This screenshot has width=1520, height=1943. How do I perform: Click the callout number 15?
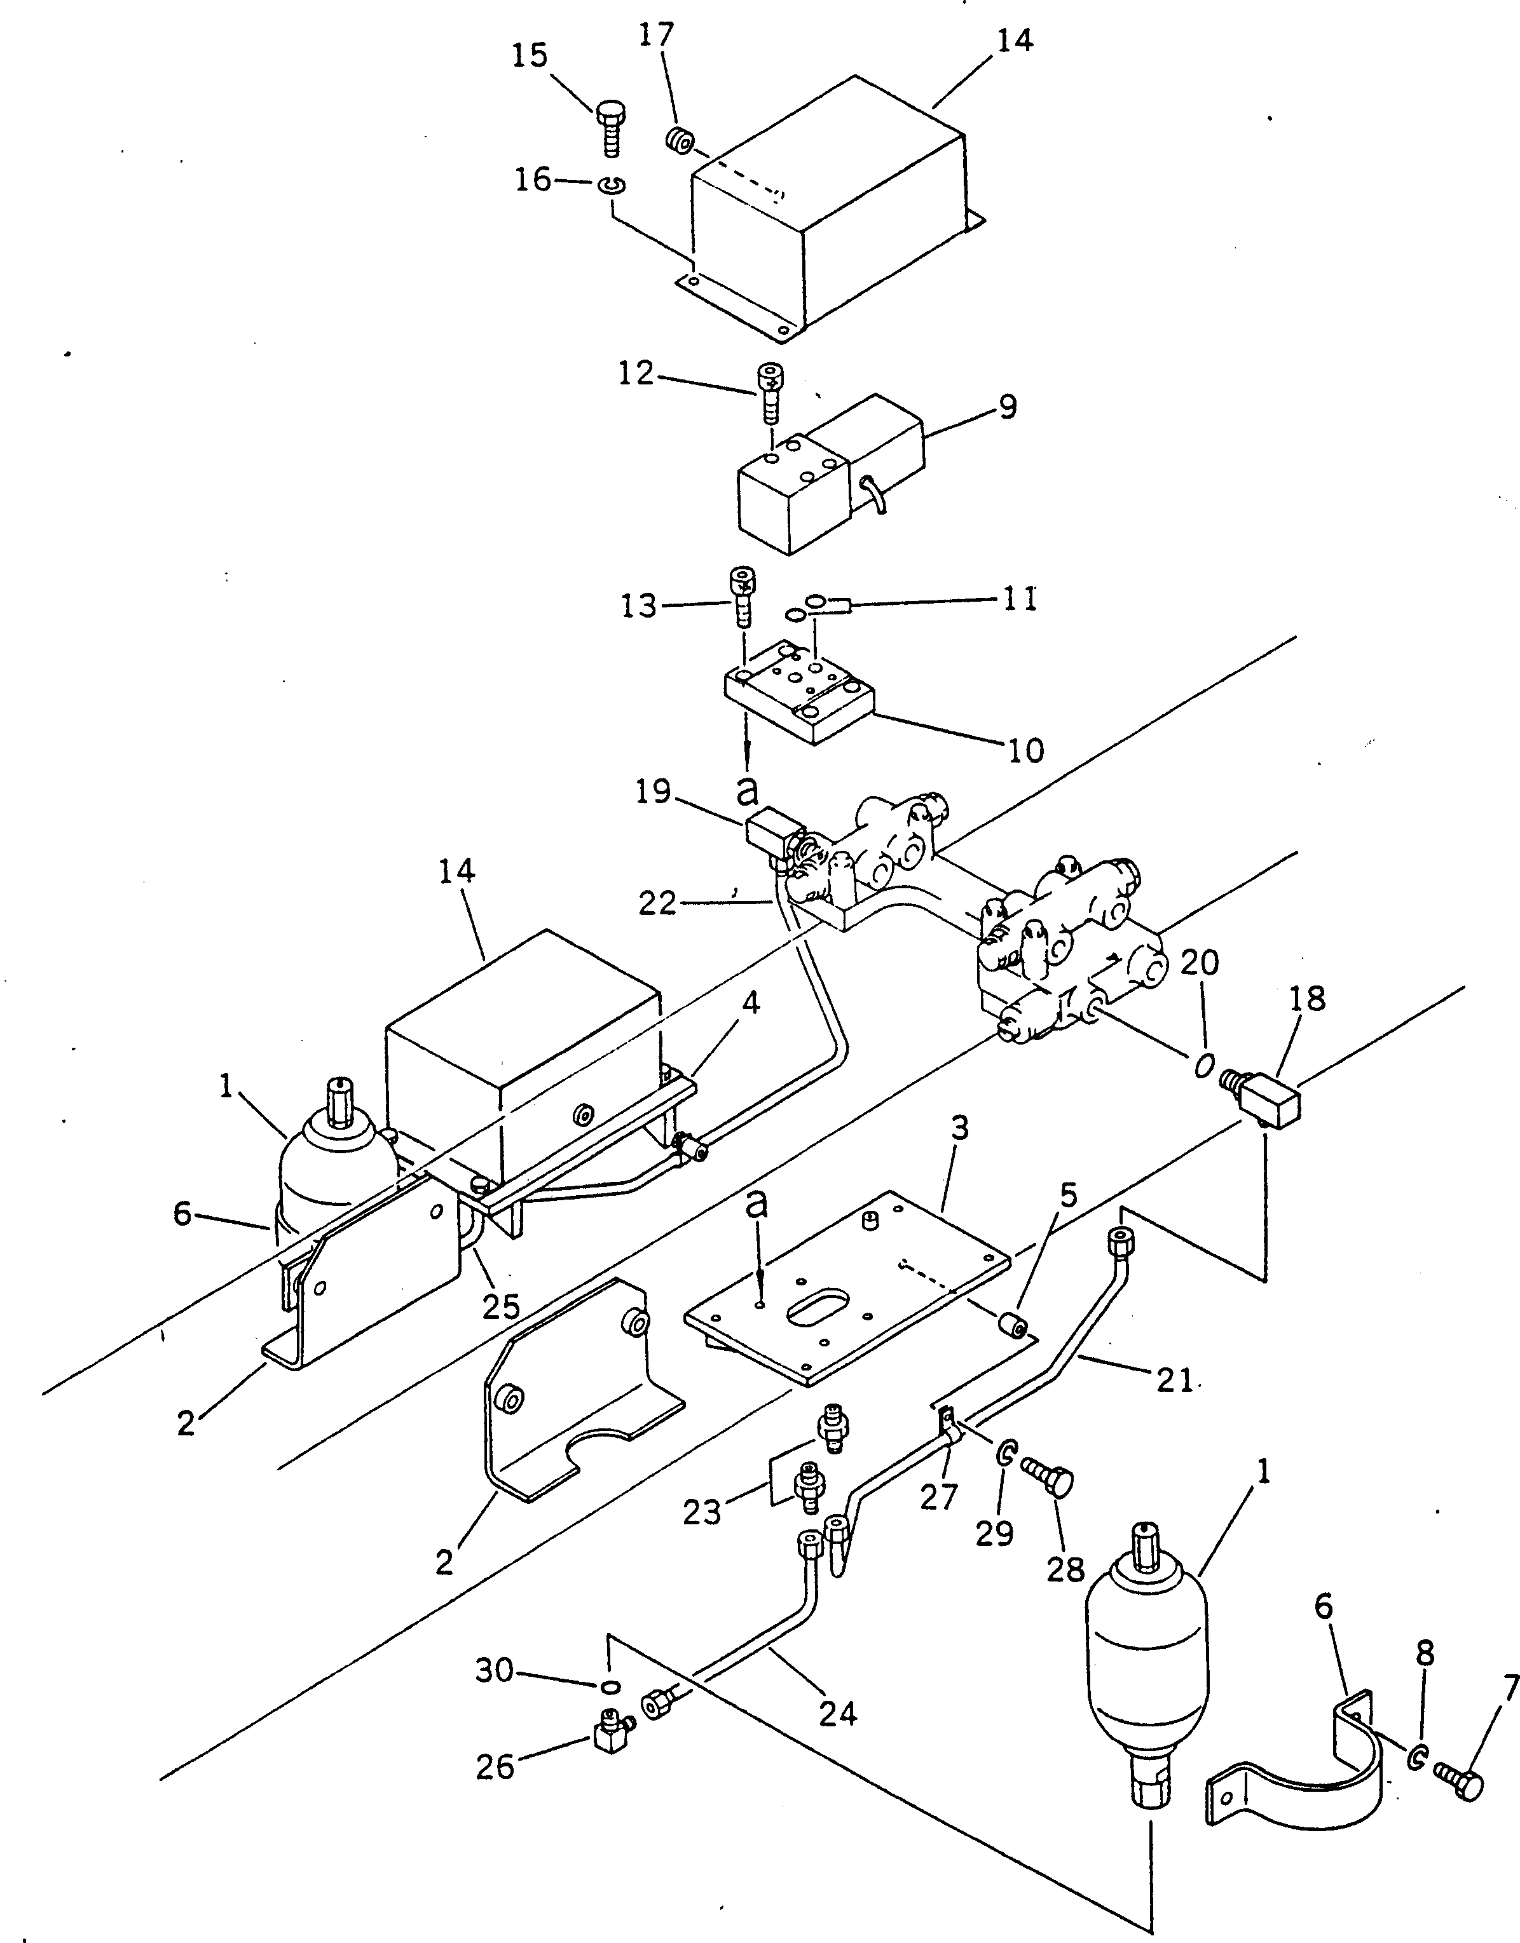pos(530,56)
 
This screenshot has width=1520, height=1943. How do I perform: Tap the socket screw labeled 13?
pos(743,598)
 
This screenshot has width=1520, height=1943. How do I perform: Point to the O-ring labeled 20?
pos(1203,1065)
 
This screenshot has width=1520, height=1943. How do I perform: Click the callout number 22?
pos(659,904)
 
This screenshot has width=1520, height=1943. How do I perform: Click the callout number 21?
pos(1175,1380)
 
